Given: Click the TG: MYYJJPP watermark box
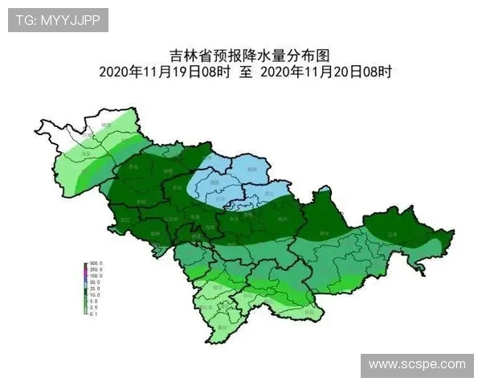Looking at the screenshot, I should pos(58,20).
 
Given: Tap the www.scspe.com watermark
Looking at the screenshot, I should pos(416,365).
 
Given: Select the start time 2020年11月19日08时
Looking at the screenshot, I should pos(165,72).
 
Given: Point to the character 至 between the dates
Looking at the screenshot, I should pos(246,72).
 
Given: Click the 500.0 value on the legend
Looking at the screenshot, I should pos(96,264).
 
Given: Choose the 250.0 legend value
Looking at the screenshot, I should pos(96,270).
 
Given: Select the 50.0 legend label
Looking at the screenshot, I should pos(95,283).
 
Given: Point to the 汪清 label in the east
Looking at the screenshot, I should pos(392,233).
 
